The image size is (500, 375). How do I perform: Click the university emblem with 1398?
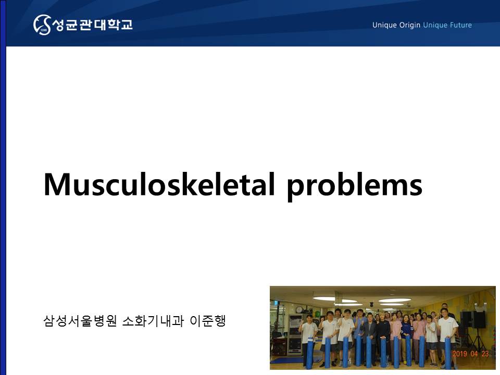pyautogui.click(x=42, y=24)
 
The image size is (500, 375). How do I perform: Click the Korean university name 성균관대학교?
pyautogui.click(x=92, y=24)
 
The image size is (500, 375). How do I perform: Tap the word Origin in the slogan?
pyautogui.click(x=409, y=25)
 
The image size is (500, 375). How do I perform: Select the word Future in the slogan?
pyautogui.click(x=461, y=25)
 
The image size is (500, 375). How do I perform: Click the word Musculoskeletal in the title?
pyautogui.click(x=159, y=184)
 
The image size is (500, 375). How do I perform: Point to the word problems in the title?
pyautogui.click(x=355, y=186)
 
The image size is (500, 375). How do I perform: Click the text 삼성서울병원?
pyautogui.click(x=80, y=321)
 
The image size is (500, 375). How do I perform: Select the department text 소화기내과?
pyautogui.click(x=153, y=321)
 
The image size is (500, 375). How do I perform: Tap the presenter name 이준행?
pyautogui.click(x=208, y=321)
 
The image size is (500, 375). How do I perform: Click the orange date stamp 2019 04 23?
pyautogui.click(x=470, y=354)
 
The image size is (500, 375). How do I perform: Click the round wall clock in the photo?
pyautogui.click(x=299, y=309)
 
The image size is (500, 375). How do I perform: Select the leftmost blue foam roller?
pyautogui.click(x=309, y=353)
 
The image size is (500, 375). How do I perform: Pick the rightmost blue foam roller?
pyautogui.click(x=448, y=353)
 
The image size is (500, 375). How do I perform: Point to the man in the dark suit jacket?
pyautogui.click(x=369, y=335)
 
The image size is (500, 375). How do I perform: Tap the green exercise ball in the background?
pyautogui.click(x=317, y=314)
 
